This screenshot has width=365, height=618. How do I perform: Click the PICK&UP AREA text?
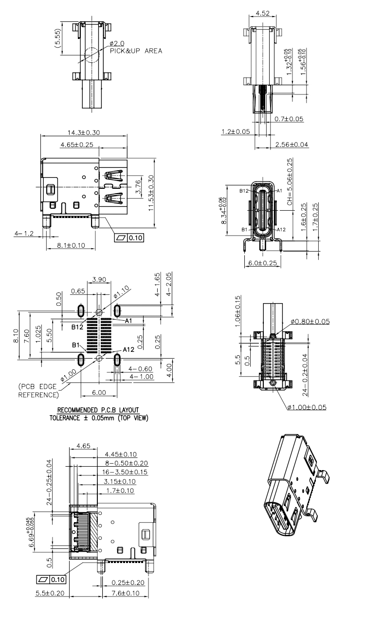click(x=136, y=51)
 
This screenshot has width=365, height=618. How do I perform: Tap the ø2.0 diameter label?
click(x=117, y=43)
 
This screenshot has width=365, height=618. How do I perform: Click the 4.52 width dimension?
click(x=262, y=13)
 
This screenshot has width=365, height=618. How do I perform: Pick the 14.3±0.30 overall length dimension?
click(x=84, y=132)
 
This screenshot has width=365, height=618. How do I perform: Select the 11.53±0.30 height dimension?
click(x=151, y=193)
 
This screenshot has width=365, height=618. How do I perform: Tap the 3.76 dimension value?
click(x=139, y=186)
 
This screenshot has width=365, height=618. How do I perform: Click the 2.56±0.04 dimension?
click(x=292, y=145)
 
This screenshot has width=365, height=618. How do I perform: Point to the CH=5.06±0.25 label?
click(x=290, y=182)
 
